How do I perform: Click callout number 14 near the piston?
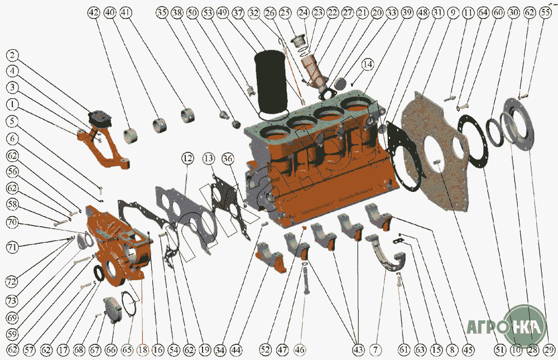point(368,64)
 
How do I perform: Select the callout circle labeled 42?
point(94,13)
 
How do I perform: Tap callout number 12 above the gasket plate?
point(187,158)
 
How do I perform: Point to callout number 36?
point(228,159)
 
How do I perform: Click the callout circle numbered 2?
point(12,55)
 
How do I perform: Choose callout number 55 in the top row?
point(545,13)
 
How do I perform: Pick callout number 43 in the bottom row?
point(358,349)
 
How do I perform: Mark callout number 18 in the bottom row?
point(143,350)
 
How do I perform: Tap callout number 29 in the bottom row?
point(549,349)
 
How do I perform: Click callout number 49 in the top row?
point(223,13)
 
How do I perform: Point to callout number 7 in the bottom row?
point(376,349)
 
